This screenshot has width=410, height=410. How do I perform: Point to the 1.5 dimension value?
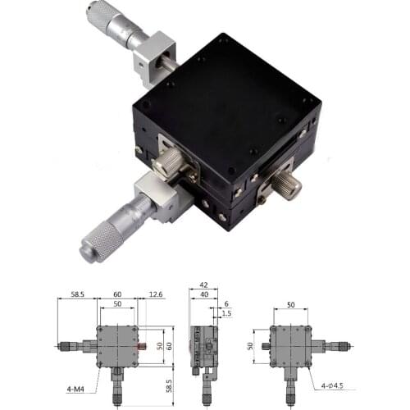[x=227, y=313]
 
